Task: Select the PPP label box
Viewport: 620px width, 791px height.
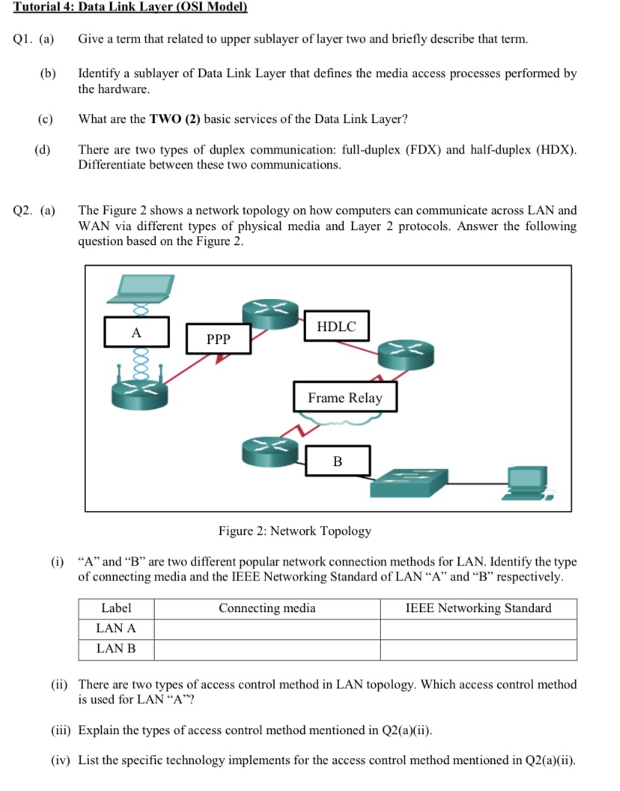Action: (218, 339)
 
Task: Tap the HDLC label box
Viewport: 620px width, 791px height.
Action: (336, 327)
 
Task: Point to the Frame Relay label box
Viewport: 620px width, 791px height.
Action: (344, 398)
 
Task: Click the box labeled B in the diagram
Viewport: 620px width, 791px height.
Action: (337, 461)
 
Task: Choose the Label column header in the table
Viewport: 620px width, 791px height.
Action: (116, 608)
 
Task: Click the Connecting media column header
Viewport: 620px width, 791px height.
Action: (267, 608)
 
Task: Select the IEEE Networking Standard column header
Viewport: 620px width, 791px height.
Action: (478, 608)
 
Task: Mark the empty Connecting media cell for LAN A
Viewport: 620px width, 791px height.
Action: (267, 628)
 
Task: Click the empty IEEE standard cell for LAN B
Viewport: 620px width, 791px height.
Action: (478, 649)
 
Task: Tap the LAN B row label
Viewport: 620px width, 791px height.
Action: (116, 649)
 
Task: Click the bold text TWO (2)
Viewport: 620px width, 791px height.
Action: (175, 119)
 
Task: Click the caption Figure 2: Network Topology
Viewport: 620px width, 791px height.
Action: (295, 531)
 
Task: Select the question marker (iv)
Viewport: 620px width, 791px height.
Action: (61, 760)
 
